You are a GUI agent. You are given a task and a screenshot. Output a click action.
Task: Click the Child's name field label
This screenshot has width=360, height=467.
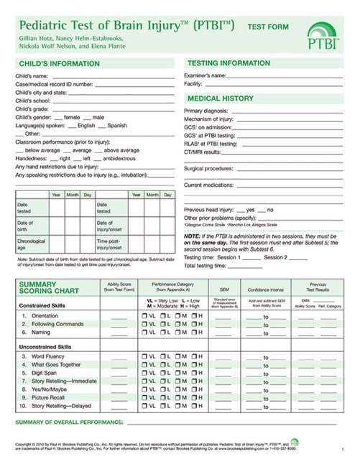32,75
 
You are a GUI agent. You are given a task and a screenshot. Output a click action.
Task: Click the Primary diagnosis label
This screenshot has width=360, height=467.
209,111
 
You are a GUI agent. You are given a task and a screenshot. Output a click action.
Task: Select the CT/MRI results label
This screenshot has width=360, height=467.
202,152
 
